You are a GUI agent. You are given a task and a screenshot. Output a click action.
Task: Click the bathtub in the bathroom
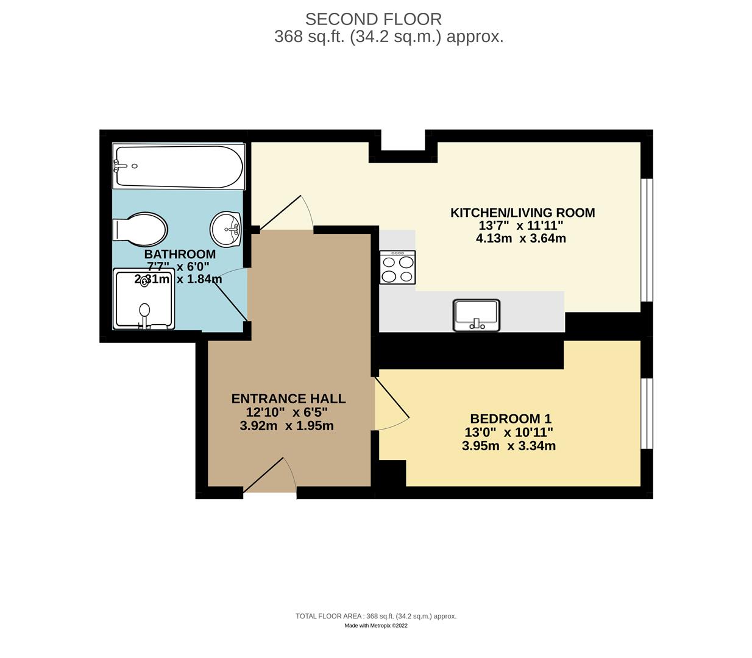coord(179,166)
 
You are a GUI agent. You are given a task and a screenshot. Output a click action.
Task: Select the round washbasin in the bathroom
coord(226,229)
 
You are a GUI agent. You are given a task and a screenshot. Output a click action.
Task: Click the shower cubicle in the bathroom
coord(144,300)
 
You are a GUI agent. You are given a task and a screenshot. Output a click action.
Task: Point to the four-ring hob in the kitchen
coord(397,267)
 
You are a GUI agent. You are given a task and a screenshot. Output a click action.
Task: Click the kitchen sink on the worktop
coord(476,315)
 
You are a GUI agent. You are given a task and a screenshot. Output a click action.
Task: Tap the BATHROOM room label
coord(180,254)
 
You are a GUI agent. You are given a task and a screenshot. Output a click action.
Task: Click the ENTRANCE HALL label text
coord(288,399)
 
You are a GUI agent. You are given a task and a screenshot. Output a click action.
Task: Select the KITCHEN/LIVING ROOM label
coord(522,213)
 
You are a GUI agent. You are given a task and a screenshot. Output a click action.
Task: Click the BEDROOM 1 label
coord(510,419)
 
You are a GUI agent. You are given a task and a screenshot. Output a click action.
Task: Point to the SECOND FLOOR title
coord(373,19)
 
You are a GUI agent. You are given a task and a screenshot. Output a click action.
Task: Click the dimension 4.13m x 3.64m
coord(520,238)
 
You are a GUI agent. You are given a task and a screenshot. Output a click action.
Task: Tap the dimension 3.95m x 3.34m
coord(508,446)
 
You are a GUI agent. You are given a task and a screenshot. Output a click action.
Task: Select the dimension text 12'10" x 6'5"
coord(286,412)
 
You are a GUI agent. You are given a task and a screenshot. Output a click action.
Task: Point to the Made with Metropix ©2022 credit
coord(375,626)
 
